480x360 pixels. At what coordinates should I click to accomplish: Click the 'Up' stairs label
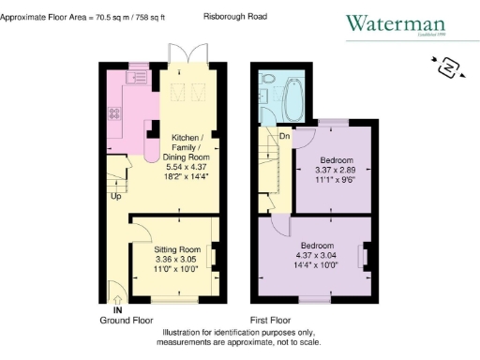[116, 198]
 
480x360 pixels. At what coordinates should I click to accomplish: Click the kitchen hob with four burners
[114, 115]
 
